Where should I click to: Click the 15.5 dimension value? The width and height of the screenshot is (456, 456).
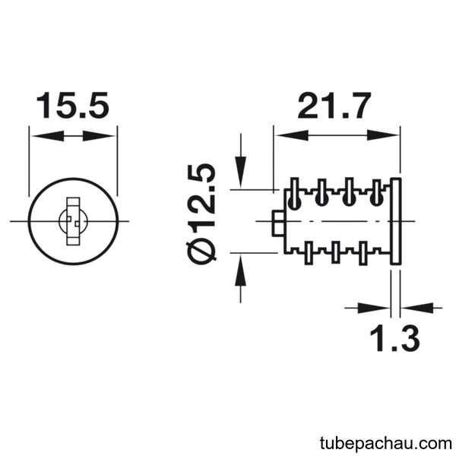pos(73,106)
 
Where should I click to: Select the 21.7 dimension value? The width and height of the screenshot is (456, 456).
pos(334,106)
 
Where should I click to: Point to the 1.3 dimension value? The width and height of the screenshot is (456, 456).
pos(394,338)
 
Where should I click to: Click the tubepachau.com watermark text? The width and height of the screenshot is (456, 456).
pos(385,443)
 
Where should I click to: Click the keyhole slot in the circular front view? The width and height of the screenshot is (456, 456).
pos(73,221)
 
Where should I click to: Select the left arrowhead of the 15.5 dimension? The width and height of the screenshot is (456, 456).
pos(47,136)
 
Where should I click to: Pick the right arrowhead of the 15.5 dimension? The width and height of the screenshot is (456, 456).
pos(99,136)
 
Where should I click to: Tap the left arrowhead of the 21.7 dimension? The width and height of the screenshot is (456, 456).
pos(292,135)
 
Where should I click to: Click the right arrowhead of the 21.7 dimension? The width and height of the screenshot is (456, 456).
pos(382,135)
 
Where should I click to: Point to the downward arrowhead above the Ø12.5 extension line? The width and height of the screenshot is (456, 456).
pos(240,173)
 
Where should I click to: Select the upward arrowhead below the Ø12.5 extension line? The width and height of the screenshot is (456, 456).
pos(240,270)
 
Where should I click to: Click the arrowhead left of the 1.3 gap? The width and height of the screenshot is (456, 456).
pos(373,308)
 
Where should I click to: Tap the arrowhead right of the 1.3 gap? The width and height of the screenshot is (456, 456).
pos(417,308)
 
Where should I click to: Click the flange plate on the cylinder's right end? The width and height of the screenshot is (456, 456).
pos(395,221)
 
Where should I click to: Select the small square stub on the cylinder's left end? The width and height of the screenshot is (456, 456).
pos(278,223)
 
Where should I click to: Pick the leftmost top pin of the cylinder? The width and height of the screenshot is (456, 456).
pos(294,193)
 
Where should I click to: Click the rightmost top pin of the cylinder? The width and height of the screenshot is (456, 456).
pos(377,192)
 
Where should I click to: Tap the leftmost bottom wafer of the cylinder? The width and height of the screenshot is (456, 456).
pos(309,253)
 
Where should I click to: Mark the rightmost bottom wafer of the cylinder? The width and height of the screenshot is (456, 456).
pos(363,253)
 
